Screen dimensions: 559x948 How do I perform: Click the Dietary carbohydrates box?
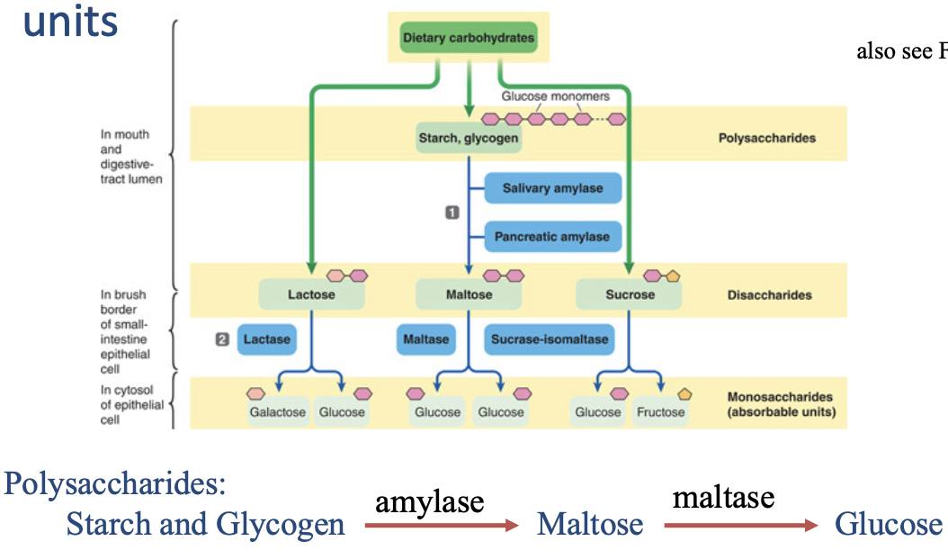[x=468, y=39]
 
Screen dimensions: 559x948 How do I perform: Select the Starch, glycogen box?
[x=469, y=139]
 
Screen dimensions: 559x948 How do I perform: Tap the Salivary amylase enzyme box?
[x=552, y=189]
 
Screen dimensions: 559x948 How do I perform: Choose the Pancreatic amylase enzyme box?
[x=552, y=238]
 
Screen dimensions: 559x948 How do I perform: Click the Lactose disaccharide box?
[x=310, y=294]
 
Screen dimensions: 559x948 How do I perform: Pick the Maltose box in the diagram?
[x=469, y=294]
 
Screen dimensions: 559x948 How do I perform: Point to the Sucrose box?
[x=630, y=294]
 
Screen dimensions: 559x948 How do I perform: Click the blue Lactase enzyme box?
[x=267, y=339]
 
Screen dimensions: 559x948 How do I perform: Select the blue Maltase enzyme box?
[x=425, y=339]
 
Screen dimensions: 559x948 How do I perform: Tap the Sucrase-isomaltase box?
[x=550, y=339]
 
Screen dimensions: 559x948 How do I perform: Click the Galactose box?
[x=278, y=412]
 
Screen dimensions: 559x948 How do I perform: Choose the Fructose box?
[x=660, y=412]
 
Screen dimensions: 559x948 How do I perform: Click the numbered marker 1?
[x=452, y=212]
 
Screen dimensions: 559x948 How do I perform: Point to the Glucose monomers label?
[x=555, y=96]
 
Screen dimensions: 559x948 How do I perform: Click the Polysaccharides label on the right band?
[x=767, y=139]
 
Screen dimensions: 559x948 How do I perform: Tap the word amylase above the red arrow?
[x=429, y=501]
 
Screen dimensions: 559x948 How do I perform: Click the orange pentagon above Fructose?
[x=685, y=394]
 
